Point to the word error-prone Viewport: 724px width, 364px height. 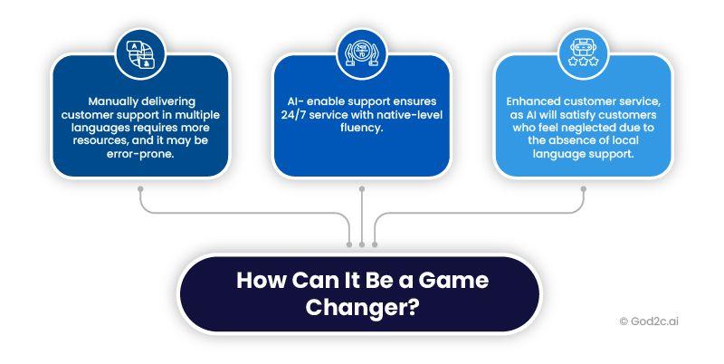click(141, 156)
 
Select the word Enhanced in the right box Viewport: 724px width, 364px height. click(536, 102)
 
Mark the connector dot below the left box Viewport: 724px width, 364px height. click(140, 189)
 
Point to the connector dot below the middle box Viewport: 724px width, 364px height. click(362, 189)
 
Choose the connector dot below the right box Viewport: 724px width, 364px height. click(583, 189)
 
